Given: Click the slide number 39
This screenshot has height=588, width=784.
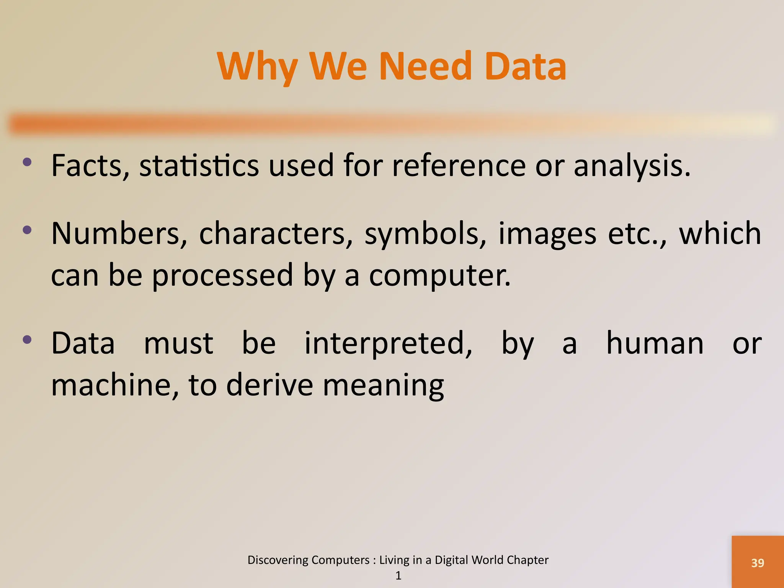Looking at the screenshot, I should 758,563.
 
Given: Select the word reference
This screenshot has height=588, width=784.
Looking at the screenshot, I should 459,165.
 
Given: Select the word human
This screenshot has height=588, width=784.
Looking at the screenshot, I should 655,343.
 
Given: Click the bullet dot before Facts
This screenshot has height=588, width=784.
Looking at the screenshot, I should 27,162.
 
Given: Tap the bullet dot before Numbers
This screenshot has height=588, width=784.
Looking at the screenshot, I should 27,230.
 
